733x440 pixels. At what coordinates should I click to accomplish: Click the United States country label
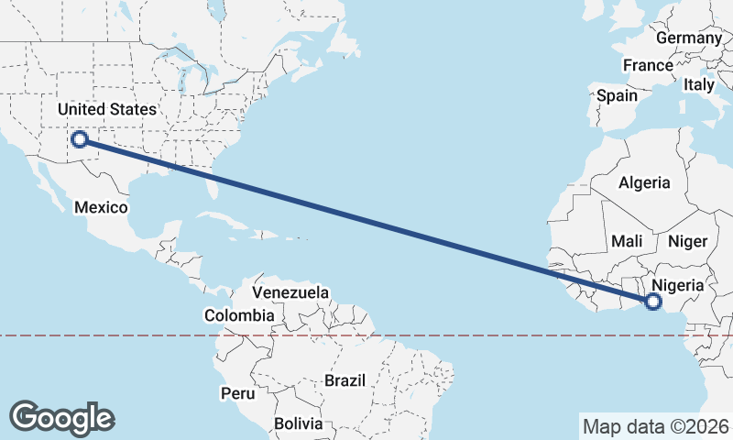click(107, 109)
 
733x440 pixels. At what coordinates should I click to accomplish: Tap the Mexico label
click(101, 207)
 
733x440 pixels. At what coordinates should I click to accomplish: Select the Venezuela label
click(290, 292)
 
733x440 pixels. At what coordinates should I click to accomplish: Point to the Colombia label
click(239, 315)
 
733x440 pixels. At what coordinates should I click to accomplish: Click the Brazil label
click(345, 379)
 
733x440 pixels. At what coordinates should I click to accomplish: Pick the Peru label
click(236, 393)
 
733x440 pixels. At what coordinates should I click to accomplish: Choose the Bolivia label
click(298, 423)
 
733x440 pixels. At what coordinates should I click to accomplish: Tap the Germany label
click(689, 38)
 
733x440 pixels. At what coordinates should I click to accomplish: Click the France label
click(648, 65)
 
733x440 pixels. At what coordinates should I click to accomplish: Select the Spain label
click(617, 95)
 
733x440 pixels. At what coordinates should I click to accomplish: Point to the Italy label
click(699, 84)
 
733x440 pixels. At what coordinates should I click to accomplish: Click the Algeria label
click(644, 183)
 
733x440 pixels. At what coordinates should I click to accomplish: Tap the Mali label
click(627, 241)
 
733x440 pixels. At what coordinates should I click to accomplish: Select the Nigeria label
click(678, 285)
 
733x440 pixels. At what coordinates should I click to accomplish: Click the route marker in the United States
click(80, 139)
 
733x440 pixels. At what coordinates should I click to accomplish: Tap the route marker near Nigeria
click(653, 301)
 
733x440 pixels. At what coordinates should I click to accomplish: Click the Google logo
click(62, 418)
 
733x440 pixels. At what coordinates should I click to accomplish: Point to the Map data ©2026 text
click(656, 426)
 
